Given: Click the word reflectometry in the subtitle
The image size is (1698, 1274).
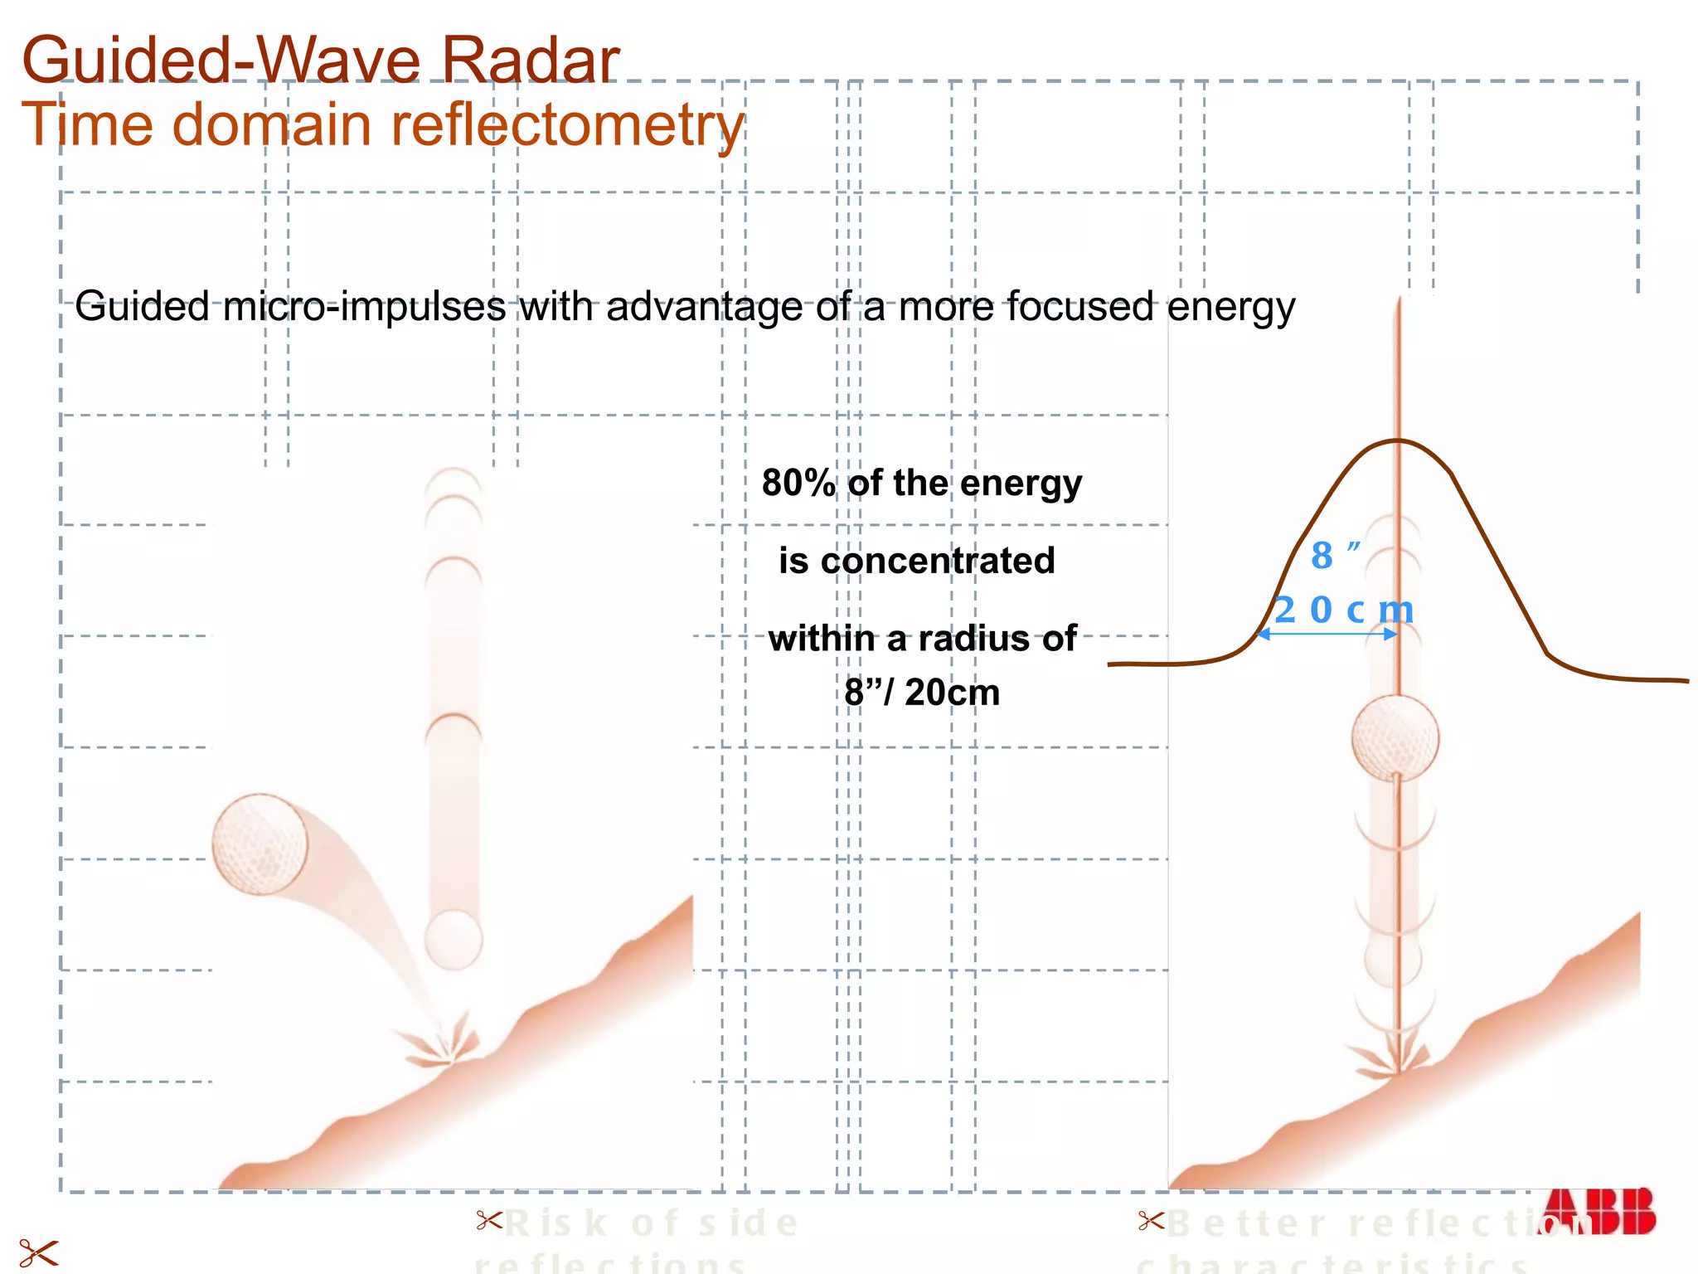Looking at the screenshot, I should [x=567, y=124].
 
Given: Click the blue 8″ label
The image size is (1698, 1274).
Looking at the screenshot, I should [x=1334, y=556].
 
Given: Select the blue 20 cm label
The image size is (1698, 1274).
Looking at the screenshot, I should [x=1343, y=610].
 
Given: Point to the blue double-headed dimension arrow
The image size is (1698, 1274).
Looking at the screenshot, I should [x=1327, y=635].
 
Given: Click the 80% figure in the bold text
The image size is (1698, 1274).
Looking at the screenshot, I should [x=798, y=483].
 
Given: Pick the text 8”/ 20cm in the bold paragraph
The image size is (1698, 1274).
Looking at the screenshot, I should [x=921, y=692].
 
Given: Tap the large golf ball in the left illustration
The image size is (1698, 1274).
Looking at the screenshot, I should [x=260, y=844].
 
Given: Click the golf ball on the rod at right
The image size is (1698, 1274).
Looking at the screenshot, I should [x=1395, y=738].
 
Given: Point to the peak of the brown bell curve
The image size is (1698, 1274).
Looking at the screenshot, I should [x=1398, y=440].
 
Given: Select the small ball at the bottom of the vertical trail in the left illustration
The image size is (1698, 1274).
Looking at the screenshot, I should [x=453, y=940].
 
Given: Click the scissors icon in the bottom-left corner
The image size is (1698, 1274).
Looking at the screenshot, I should [x=38, y=1252].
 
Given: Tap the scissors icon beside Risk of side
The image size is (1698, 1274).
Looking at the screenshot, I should [x=489, y=1220].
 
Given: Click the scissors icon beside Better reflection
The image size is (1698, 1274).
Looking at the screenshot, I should [x=1151, y=1220].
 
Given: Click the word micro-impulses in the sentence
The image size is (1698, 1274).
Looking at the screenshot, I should [x=364, y=307].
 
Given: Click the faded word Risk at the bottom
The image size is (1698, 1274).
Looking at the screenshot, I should [x=556, y=1223].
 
